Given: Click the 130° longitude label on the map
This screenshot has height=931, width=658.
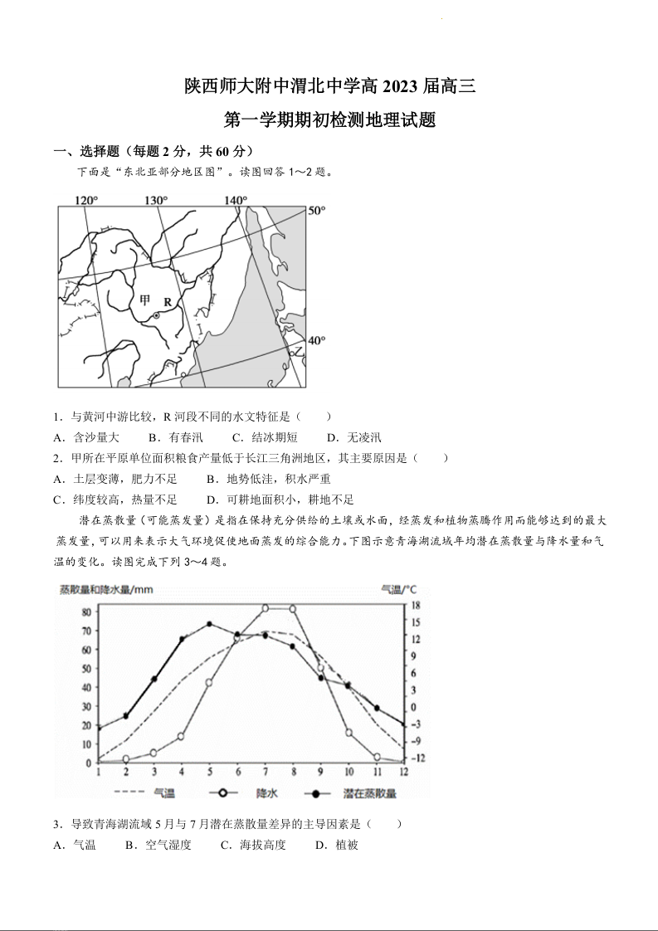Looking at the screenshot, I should coord(156,200).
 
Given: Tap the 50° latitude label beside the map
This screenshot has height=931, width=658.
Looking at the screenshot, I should coord(317,211).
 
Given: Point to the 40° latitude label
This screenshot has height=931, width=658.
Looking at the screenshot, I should coord(317,340).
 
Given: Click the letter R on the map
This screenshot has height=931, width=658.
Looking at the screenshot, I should coord(168,302).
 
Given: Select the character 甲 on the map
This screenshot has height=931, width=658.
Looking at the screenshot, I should coord(145,300).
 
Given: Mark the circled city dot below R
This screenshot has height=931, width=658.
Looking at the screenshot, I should coord(155,316).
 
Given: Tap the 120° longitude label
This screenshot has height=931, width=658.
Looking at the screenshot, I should coord(86,200).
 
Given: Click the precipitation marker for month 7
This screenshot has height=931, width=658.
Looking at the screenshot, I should coord(266,608).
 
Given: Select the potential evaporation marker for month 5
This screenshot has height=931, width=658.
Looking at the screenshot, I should coord(209,624).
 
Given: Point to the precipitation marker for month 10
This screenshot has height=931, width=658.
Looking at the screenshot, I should coord(348,733).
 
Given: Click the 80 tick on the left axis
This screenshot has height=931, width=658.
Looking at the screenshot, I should coord(86,612).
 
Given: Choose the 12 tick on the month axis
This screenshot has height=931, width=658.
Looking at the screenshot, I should coord(404,772).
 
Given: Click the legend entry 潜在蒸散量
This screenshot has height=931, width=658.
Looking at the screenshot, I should coord(370,793).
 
